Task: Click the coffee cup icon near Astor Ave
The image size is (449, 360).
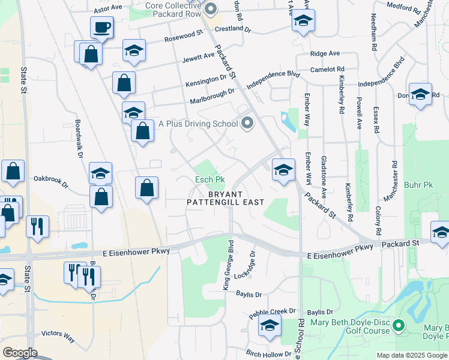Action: pos(102,27)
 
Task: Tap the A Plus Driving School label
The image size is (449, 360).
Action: pos(198,124)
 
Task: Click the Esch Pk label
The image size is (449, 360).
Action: pos(209,179)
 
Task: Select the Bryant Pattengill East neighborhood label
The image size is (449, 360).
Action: pos(225,199)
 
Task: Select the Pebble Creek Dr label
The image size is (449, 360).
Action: pos(273,311)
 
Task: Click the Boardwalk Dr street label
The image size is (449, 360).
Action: pos(79,139)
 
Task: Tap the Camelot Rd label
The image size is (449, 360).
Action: pos(327,69)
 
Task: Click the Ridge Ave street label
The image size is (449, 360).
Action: pos(325,53)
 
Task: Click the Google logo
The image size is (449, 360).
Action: pos(20,352)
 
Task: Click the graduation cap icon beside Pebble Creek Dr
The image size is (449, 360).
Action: pos(270,326)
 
